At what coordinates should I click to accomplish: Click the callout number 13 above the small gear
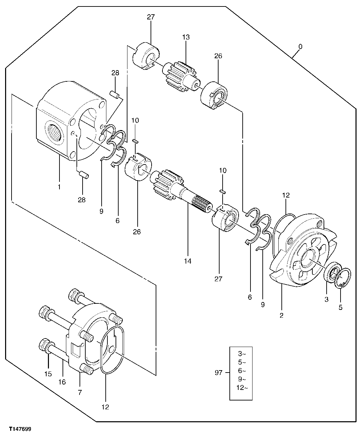(186, 37)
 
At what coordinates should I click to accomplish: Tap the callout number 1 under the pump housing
(59, 187)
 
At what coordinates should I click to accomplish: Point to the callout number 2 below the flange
(281, 315)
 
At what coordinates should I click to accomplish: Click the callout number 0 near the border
(300, 46)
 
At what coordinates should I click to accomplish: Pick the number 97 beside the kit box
(218, 373)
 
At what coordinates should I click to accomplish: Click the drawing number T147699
(20, 430)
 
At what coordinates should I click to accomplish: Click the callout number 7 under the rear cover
(80, 392)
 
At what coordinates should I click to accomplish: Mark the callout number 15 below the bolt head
(48, 374)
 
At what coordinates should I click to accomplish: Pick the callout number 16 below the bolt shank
(62, 382)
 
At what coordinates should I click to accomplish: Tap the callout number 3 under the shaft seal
(326, 300)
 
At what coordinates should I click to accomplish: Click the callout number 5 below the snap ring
(341, 307)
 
